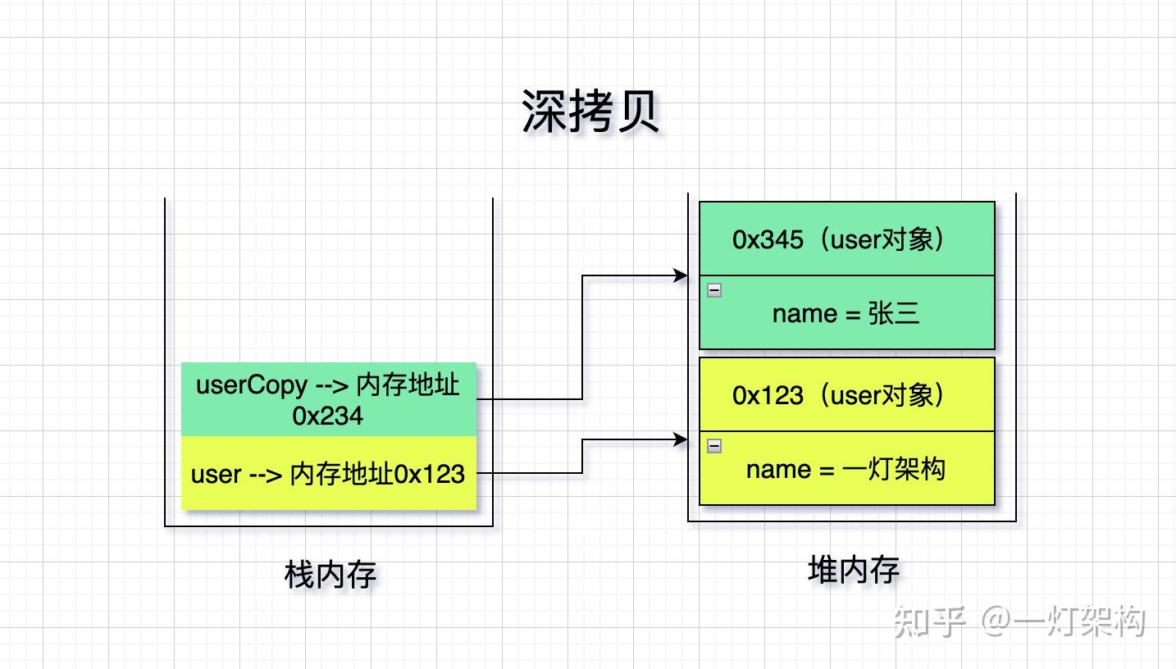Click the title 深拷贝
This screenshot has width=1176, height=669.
590,111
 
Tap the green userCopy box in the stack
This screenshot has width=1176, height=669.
328,399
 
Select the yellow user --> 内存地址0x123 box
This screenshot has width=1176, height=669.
328,474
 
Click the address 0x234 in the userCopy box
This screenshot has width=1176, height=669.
328,416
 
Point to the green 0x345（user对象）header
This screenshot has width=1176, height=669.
846,239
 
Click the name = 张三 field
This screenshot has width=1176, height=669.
846,313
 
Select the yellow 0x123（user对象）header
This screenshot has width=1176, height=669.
846,395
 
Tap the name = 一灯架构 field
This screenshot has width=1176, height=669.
846,469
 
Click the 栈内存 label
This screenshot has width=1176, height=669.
330,575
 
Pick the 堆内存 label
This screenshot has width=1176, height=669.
854,570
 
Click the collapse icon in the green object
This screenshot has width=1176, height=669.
714,290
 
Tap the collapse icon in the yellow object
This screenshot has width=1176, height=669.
714,446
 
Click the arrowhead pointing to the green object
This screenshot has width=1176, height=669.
681,276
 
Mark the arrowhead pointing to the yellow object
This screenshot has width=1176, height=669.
681,440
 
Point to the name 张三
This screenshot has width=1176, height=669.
894,313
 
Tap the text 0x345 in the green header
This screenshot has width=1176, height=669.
768,239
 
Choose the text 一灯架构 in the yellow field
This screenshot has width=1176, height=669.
894,469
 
